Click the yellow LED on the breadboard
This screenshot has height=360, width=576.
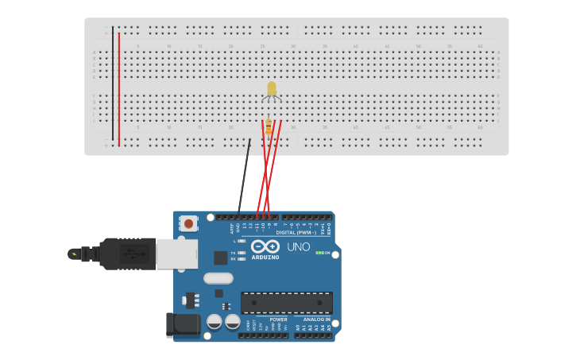coord(272,88)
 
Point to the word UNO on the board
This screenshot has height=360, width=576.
coord(298,247)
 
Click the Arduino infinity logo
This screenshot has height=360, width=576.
coord(265,246)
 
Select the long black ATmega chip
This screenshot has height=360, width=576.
coord(287,303)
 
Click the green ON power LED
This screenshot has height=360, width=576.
coord(319,253)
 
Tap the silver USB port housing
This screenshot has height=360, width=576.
coord(176,254)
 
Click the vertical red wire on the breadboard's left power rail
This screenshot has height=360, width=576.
coord(119,87)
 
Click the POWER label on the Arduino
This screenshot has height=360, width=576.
coord(278,319)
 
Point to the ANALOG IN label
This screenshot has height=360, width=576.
coord(317,319)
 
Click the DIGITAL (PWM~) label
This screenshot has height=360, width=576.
coord(296,233)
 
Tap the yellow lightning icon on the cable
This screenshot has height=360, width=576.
coord(75,254)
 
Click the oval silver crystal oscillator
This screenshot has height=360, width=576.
coord(218,278)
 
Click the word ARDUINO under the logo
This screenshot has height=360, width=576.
coord(265,257)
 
